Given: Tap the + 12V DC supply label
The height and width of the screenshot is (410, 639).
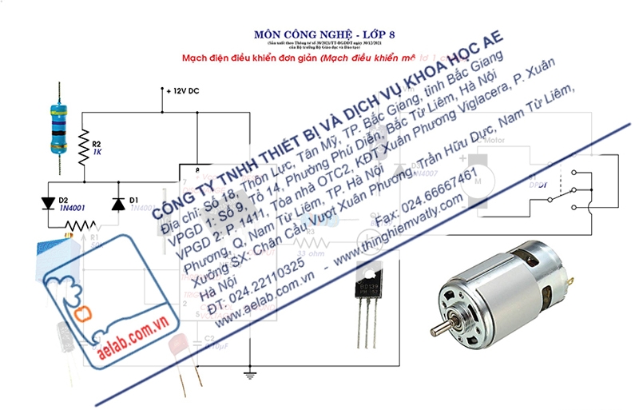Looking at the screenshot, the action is (183, 90).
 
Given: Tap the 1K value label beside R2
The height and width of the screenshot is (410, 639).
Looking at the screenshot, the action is (97, 151).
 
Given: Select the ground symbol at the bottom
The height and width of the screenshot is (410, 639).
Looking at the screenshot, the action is (249, 374).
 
